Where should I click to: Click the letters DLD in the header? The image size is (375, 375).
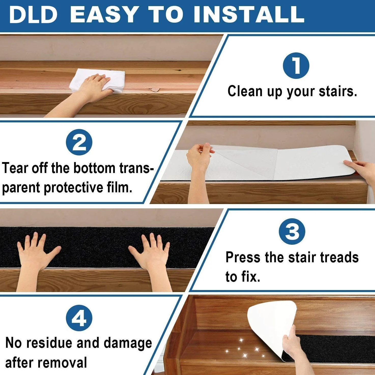tap(33, 15)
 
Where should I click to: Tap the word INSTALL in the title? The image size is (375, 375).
tap(249, 15)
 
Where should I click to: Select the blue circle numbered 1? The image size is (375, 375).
tap(296, 66)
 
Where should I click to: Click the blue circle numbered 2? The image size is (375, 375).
tap(79, 142)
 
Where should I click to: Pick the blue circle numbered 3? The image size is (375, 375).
tap(292, 231)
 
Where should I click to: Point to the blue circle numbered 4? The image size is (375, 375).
tap(79, 318)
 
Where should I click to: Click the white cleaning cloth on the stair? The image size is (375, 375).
tap(97, 80)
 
